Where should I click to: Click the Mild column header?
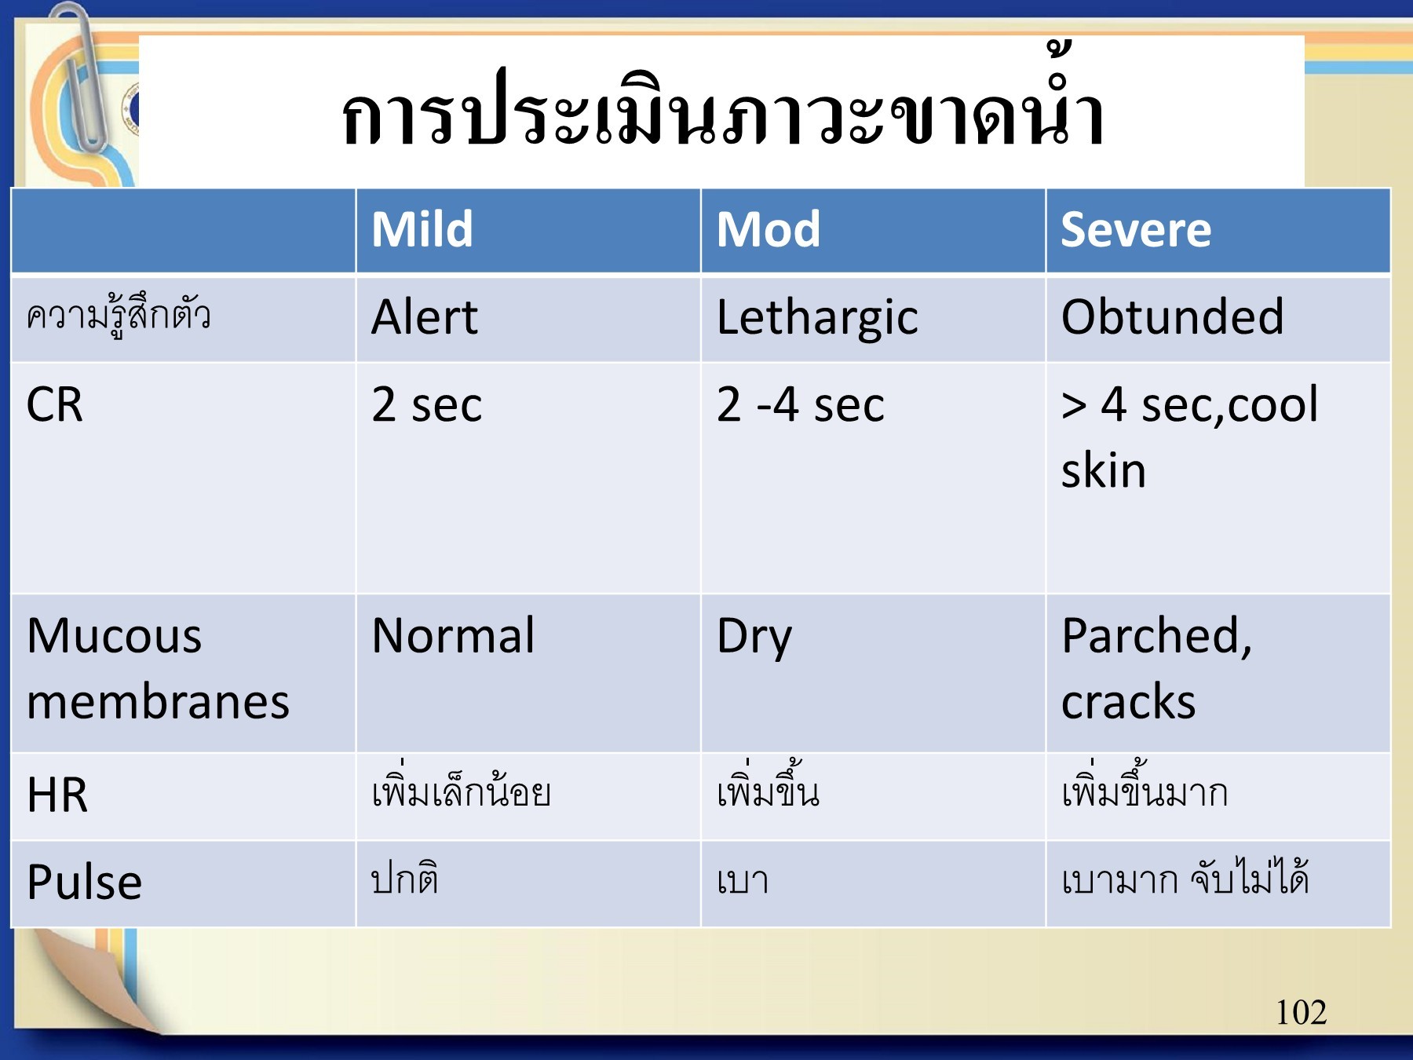pos(422,229)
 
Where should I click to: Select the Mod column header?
pos(768,229)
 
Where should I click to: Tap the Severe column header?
pos(1135,229)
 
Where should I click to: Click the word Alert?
pos(424,317)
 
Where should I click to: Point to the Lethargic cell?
pos(816,318)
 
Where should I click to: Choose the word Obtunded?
pos(1172,317)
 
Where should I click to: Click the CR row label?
pos(54,405)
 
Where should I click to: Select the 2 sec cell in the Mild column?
pos(426,405)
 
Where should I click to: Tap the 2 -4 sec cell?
pos(800,405)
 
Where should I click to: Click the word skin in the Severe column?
pos(1103,471)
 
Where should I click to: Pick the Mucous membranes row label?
pos(157,668)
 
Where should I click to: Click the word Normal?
pos(453,635)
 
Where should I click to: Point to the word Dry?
pos(754,637)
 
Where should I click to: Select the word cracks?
pos(1128,701)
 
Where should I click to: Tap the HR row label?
pos(57,795)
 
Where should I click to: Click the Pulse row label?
pos(84,882)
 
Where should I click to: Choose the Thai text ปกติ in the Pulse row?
pos(404,878)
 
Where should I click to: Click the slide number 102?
pos(1301,1013)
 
